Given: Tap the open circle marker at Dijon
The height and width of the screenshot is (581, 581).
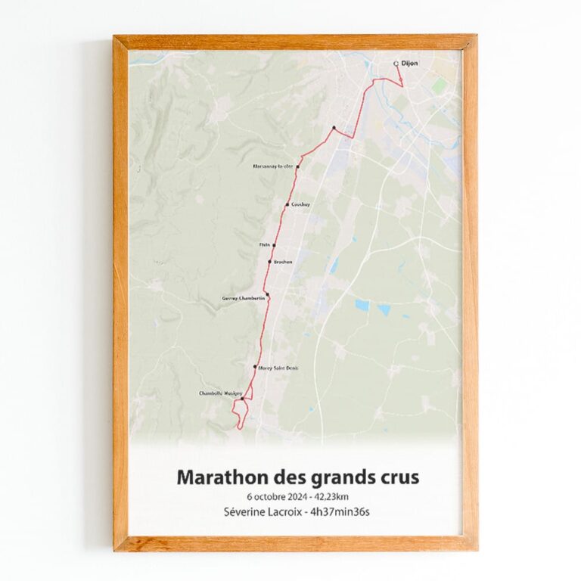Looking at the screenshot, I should click(x=396, y=64).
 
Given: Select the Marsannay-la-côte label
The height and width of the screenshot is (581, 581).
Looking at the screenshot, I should click(x=272, y=166).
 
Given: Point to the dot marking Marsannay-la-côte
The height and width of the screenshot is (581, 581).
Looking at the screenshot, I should click(x=298, y=166).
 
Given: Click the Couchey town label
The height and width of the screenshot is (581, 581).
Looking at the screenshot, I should click(x=300, y=205).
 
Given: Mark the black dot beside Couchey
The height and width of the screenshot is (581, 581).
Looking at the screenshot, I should click(x=287, y=205).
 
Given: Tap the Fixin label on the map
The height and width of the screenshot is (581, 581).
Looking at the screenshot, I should click(x=265, y=245).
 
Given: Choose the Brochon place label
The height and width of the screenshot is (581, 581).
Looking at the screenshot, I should click(x=282, y=262).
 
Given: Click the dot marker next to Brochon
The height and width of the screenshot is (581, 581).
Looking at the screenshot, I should click(x=269, y=262).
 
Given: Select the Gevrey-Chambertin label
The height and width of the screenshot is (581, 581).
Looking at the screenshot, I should click(x=243, y=299).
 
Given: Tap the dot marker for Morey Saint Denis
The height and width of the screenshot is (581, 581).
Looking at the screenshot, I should click(x=255, y=367).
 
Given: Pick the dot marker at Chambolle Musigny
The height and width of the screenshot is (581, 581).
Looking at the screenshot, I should click(x=242, y=399).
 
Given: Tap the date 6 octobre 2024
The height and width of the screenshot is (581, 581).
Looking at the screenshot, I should click(x=276, y=496).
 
